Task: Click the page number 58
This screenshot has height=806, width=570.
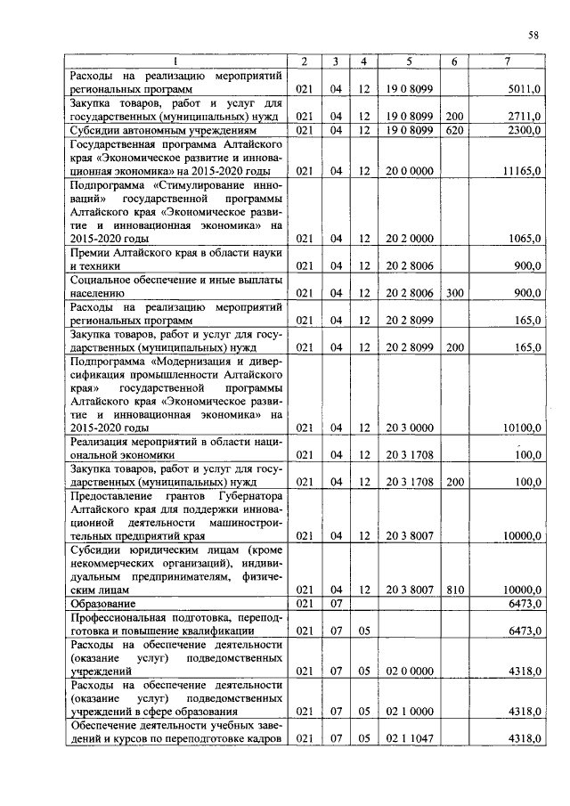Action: pyautogui.click(x=533, y=36)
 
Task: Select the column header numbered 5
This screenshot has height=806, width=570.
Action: pyautogui.click(x=409, y=61)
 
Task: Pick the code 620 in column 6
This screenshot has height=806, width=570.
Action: pyautogui.click(x=454, y=130)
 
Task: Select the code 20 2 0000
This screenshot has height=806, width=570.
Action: pyautogui.click(x=409, y=239)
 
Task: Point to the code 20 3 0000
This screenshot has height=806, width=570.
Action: pyautogui.click(x=409, y=427)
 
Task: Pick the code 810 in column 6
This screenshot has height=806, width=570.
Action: pyautogui.click(x=454, y=590)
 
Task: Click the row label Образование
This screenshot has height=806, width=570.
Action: pyautogui.click(x=98, y=604)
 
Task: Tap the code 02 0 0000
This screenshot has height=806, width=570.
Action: pyautogui.click(x=409, y=671)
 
